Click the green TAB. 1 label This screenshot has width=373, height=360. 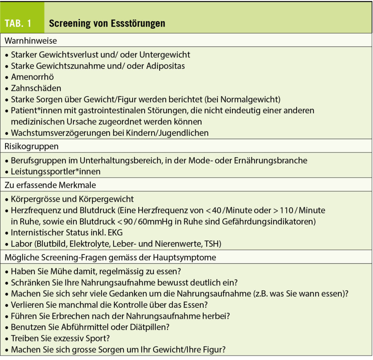tap(18, 23)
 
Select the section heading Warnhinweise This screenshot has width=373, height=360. tap(31, 41)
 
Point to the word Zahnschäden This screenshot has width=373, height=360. tap(36, 88)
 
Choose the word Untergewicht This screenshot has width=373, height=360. tap(165, 55)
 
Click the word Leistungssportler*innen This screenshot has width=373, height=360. tap(56, 171)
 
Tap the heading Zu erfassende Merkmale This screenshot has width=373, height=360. tap(50, 185)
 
